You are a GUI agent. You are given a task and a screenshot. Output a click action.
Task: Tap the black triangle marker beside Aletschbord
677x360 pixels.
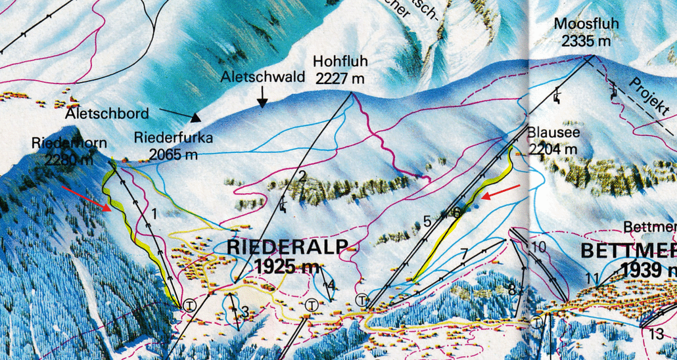coord(195,118)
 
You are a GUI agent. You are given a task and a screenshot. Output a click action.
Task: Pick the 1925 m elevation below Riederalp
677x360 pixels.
coord(292,267)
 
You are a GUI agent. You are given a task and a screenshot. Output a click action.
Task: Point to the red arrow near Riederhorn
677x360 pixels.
coord(85,198)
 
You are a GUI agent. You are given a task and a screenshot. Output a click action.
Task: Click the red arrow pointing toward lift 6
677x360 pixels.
coord(501,191)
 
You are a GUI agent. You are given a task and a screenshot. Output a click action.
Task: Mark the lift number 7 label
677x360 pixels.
coord(464,252)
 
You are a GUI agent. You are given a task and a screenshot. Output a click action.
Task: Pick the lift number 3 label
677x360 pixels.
coord(244,311)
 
